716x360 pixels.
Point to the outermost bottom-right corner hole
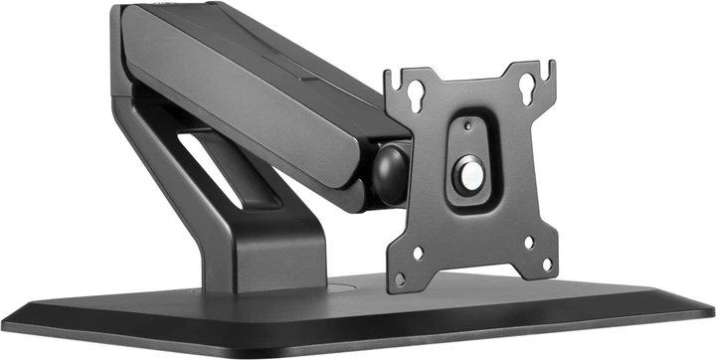click(546, 264)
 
